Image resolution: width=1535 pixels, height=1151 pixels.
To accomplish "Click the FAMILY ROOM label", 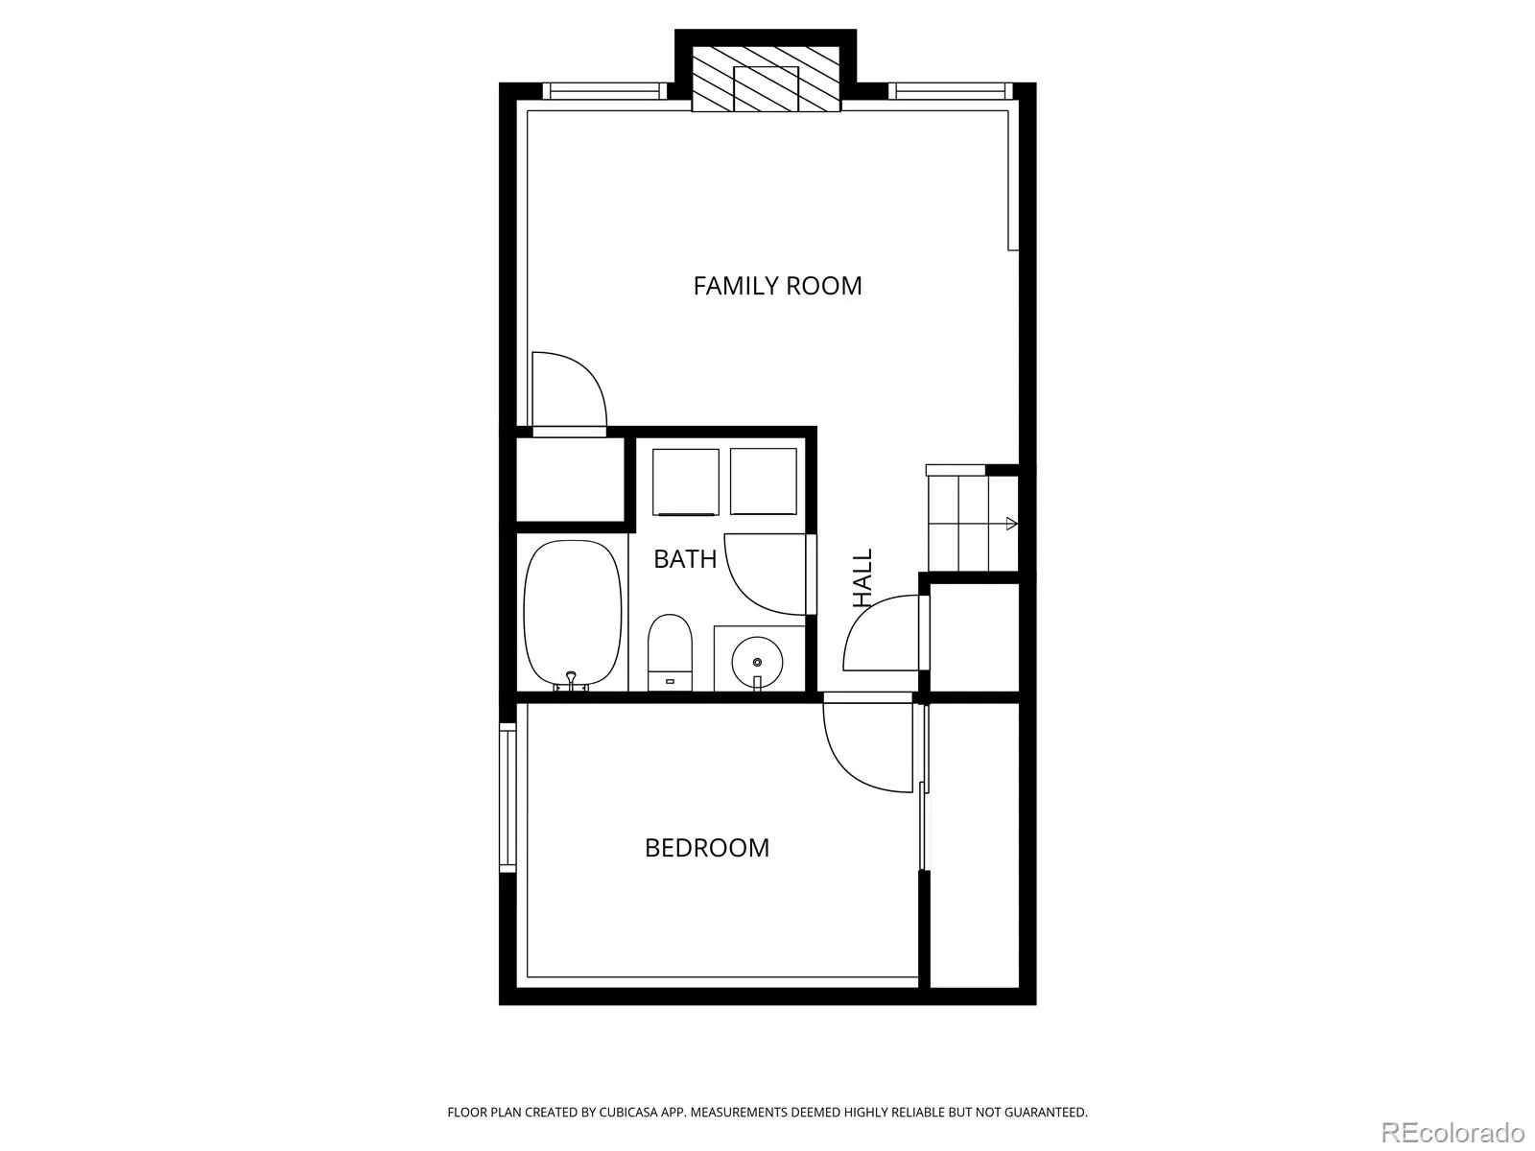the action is pos(777,286).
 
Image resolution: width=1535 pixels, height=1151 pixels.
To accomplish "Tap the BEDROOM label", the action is pos(706,848).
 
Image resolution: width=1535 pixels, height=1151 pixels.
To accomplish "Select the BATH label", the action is pos(685,559).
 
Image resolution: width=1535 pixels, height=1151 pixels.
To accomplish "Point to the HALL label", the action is pos(862,577).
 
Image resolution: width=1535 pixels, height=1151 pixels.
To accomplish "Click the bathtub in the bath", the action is pos(572,614).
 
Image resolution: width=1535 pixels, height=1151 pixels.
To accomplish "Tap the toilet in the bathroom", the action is pos(670,652).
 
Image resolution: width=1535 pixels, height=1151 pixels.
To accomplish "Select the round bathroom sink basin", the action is pos(757,661).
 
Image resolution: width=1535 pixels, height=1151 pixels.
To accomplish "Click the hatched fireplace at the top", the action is pos(766,79).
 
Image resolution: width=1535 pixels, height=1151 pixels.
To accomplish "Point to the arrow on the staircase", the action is pos(1010,523).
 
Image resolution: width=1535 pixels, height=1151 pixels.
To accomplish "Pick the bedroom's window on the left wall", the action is pos(507,797).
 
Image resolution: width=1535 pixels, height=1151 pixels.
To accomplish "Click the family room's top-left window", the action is pos(605,91).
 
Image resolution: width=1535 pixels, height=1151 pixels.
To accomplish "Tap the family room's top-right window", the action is pos(951,91).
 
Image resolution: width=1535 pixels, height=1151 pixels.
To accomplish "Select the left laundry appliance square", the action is pos(685,482).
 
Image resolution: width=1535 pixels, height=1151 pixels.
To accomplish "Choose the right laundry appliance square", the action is pos(763,482).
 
